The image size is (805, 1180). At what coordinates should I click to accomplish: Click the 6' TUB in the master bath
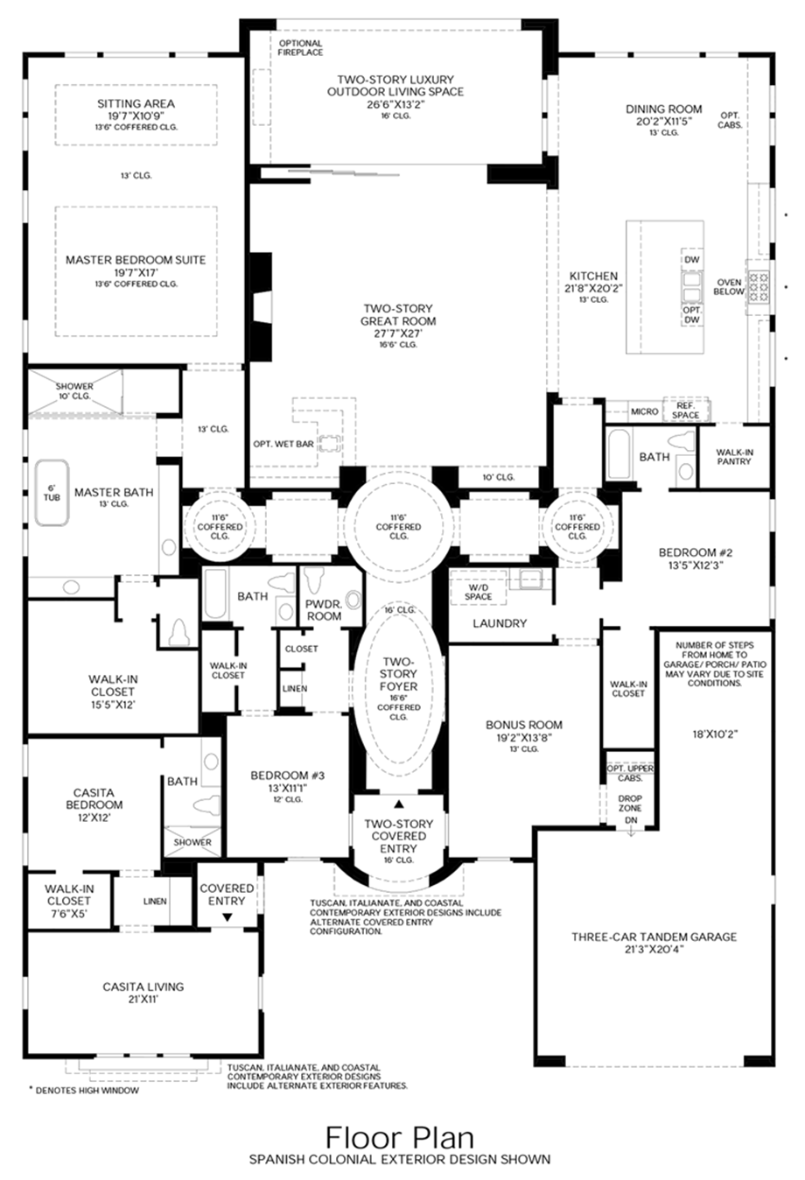(51, 493)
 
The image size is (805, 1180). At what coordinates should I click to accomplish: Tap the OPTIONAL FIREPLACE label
(300, 47)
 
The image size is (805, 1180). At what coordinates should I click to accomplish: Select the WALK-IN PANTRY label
(733, 456)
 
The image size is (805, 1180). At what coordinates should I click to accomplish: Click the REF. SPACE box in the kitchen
(686, 410)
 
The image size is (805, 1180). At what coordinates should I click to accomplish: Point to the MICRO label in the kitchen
(645, 411)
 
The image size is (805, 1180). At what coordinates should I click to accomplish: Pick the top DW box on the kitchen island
(691, 260)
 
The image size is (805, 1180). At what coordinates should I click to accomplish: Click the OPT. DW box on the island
(691, 315)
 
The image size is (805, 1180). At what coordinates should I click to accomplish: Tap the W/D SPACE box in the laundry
(479, 592)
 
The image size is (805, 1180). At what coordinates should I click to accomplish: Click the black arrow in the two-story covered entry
(399, 804)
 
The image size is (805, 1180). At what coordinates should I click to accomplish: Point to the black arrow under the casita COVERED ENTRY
(227, 917)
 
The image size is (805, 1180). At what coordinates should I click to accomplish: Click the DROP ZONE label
(630, 803)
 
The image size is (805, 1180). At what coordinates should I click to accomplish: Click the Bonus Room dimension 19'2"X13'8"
(524, 737)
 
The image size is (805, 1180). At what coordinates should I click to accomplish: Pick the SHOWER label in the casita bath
(192, 842)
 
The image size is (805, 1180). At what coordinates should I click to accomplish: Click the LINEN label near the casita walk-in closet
(155, 901)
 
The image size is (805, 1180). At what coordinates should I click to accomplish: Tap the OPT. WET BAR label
(283, 444)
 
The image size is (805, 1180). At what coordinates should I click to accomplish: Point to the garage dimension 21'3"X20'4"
(654, 948)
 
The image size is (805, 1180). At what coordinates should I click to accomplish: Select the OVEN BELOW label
(730, 287)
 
